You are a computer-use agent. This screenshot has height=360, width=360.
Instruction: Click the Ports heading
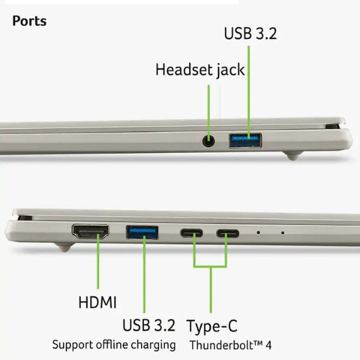[x=29, y=21]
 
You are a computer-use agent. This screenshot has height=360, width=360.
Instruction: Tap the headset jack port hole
[x=209, y=141]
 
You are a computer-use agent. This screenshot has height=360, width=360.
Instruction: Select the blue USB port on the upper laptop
[x=245, y=140]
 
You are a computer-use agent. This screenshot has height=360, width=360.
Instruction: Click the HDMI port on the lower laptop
[x=91, y=232]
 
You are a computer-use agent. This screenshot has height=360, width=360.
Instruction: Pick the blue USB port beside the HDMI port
[x=142, y=233]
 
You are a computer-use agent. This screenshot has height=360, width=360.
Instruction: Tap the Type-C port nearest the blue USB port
[x=191, y=233]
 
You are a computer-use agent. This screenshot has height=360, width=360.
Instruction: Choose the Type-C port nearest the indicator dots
[x=227, y=233]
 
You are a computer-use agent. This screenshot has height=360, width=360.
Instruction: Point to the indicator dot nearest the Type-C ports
[x=258, y=233]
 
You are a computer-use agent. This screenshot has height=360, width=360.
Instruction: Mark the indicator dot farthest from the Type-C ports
[x=283, y=233]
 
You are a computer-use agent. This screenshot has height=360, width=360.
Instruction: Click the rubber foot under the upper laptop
[x=293, y=156]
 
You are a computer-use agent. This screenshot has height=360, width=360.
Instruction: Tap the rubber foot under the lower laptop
[x=65, y=248]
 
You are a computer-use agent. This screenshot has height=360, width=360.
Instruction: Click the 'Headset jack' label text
[x=200, y=70]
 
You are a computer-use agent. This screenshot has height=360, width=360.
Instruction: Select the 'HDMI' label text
[x=97, y=302]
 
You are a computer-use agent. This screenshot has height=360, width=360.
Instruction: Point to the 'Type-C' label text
[x=212, y=326]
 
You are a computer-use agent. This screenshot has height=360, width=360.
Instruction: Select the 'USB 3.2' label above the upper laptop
[x=250, y=34]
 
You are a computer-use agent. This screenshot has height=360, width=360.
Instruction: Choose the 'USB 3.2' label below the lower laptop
[x=149, y=325]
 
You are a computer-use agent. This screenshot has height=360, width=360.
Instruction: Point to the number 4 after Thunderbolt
[x=269, y=346]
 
